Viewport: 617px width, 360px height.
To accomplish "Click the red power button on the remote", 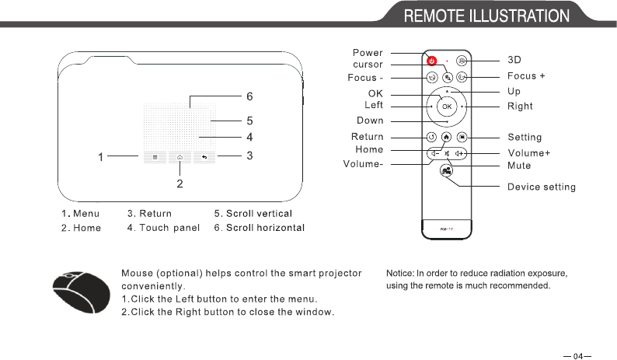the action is (x=432, y=60).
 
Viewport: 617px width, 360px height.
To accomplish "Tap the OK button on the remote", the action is (x=447, y=105).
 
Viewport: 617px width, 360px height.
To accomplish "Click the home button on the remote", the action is (x=447, y=138).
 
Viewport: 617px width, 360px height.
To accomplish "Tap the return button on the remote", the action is (x=432, y=138).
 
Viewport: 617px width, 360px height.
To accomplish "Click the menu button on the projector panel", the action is (x=155, y=157).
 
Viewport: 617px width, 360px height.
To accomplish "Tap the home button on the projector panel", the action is (x=180, y=157).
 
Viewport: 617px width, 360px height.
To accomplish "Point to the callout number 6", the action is (x=249, y=97).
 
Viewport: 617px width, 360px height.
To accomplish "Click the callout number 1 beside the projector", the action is (x=101, y=158).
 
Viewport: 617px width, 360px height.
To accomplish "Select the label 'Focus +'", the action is (x=526, y=76).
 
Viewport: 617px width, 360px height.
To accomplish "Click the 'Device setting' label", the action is (x=542, y=187).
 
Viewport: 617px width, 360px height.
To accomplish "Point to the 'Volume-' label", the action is (x=363, y=164).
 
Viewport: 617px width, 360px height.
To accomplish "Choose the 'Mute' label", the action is (x=519, y=166).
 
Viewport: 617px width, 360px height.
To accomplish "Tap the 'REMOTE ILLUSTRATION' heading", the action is (x=486, y=16).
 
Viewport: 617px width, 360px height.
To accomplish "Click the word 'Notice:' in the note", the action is (x=400, y=273).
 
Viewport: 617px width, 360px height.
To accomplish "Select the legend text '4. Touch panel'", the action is (x=163, y=228).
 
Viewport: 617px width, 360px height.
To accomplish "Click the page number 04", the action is (x=577, y=357).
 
